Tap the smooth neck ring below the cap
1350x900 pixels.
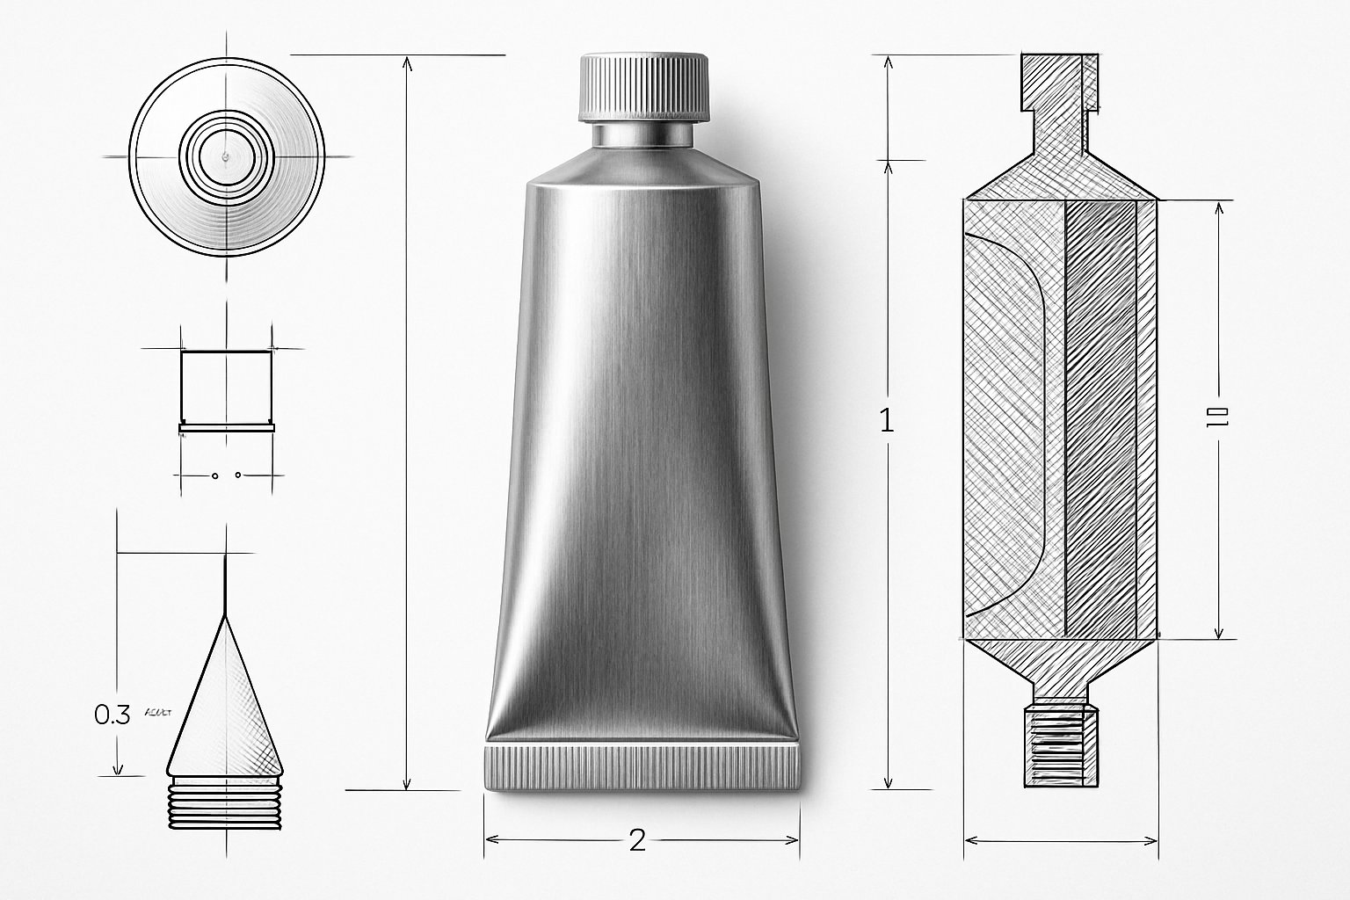(643, 134)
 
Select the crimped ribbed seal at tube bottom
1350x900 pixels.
(643, 766)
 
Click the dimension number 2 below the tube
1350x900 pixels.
(638, 840)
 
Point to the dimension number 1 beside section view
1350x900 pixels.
(887, 422)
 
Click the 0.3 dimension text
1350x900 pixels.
(112, 715)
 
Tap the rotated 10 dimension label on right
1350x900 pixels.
(1221, 418)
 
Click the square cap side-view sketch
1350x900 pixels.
(226, 388)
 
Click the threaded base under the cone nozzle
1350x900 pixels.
(226, 802)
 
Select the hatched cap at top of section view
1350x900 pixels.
(1059, 83)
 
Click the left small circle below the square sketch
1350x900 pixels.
(214, 475)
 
